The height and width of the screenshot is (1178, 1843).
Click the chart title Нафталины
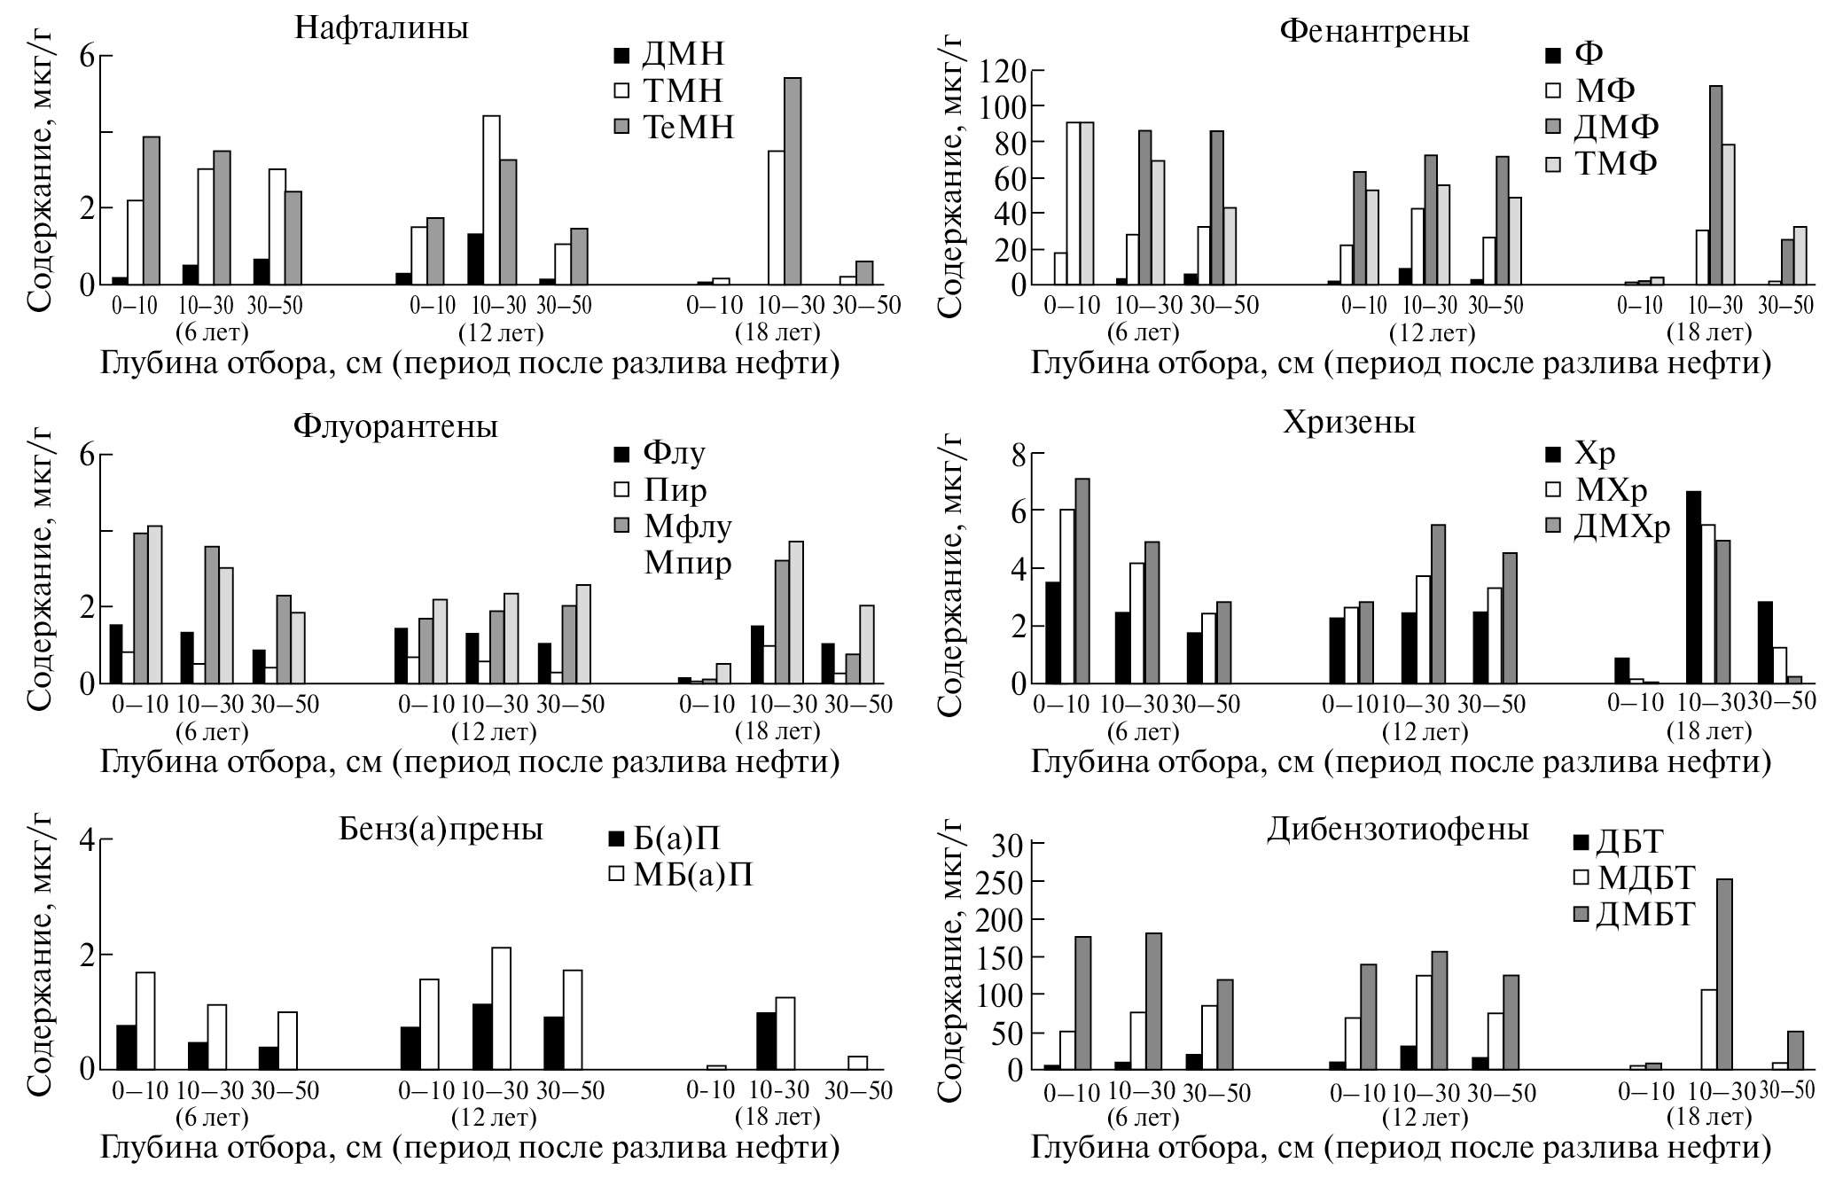pos(381,28)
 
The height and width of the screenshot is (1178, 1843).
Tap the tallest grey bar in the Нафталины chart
pos(793,182)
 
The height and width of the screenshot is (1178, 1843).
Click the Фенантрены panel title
pos(1374,31)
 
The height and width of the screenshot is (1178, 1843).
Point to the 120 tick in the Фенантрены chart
pos(1003,70)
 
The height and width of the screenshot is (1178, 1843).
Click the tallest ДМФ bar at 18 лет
pos(1716,184)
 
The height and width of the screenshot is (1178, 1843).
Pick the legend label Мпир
pos(687,563)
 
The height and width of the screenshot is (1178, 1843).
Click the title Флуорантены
pos(395,426)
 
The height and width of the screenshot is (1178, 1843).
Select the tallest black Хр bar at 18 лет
pos(1693,587)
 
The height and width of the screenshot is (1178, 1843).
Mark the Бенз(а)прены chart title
pos(441,829)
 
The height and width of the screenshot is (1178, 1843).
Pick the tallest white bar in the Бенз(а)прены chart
pos(501,1008)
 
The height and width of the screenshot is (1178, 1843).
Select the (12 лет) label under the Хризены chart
pos(1425,733)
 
